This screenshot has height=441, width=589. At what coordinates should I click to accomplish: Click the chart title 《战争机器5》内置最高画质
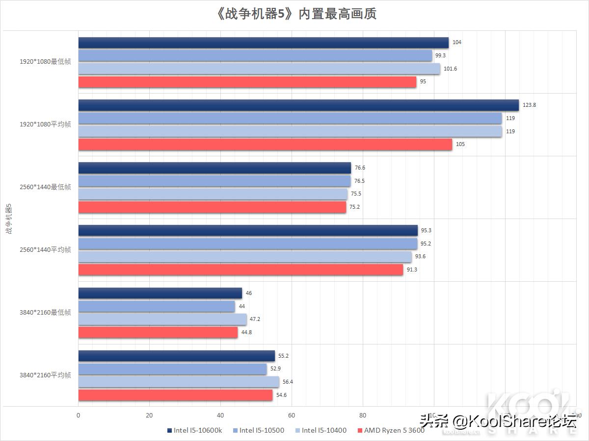[294, 14]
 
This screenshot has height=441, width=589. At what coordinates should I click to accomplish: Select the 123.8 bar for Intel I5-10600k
[298, 105]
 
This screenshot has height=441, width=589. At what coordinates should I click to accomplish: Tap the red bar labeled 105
[265, 145]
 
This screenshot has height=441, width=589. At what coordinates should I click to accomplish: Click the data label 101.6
[450, 69]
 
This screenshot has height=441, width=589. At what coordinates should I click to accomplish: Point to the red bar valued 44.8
[158, 333]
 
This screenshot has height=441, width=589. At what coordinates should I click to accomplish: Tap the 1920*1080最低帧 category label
[45, 62]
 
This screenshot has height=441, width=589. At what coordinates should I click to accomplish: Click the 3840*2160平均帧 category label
[45, 375]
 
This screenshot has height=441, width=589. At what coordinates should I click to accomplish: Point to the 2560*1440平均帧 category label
[45, 250]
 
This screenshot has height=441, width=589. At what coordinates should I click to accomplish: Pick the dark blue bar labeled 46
[160, 293]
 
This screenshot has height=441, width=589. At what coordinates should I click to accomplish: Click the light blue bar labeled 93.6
[245, 257]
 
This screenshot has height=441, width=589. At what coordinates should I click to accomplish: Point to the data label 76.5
[359, 181]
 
